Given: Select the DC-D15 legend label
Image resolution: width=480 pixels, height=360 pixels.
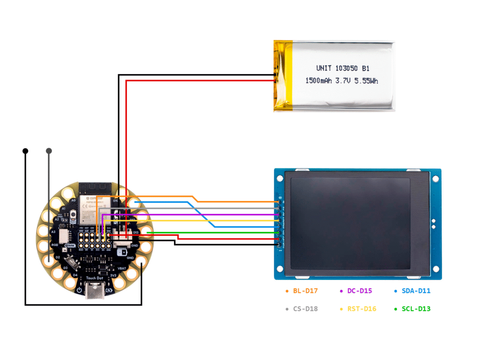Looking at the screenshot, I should click(x=360, y=291).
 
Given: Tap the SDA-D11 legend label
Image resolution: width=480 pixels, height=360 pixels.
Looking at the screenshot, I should click(x=416, y=291).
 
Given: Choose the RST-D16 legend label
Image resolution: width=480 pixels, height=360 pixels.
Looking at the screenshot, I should click(x=361, y=309).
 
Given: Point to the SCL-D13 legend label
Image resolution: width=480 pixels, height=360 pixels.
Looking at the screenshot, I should click(x=416, y=309).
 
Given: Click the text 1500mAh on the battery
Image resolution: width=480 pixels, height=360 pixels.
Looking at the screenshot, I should click(x=319, y=81).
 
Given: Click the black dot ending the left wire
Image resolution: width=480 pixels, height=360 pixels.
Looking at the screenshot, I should click(x=25, y=151).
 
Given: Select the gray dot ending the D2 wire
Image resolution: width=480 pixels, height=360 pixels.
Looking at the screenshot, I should click(x=49, y=151).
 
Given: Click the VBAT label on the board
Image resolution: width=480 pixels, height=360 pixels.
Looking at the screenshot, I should click(x=121, y=268).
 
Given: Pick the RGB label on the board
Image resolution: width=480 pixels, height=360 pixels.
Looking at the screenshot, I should click(x=55, y=245).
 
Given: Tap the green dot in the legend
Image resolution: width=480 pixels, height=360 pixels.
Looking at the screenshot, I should click(x=397, y=309).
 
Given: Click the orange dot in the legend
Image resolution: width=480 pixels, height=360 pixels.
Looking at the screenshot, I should click(x=287, y=291).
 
